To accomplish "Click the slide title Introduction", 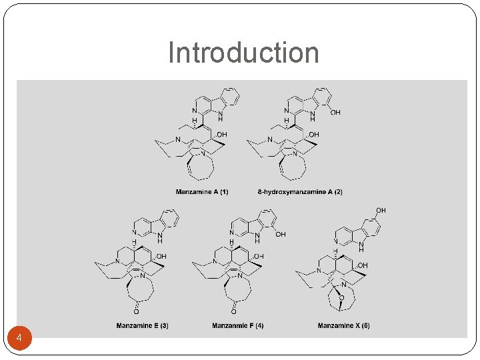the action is pos(243,53).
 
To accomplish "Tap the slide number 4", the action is pos(19,339).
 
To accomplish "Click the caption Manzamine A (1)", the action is pos(202,192).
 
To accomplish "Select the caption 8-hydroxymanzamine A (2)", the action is pos(300,192).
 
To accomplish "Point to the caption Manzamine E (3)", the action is pos(142,325).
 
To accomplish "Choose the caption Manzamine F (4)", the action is pos(237,325).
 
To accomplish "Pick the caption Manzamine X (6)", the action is pos(343,325).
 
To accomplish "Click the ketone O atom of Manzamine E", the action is pos(136,311).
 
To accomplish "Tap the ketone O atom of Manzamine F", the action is pos(234,311).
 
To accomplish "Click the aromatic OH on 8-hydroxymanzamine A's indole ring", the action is pos(335,113).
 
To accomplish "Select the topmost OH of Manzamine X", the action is pos(381,211).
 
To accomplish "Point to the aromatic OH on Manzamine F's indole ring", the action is pos(281,235).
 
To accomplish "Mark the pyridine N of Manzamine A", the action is pos(194,111).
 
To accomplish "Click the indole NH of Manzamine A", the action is pos(221,116).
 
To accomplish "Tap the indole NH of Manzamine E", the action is pos(159,237).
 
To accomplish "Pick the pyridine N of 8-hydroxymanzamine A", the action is pos(287,111).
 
